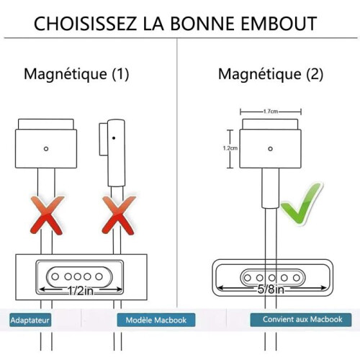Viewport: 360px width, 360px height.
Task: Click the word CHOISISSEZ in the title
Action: point(85,24)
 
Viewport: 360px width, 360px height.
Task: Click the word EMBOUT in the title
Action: point(279,24)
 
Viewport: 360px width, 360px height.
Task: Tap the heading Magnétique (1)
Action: point(76,74)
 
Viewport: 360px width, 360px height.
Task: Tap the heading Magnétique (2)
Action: point(271,74)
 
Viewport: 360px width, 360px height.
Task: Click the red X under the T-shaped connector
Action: point(47,215)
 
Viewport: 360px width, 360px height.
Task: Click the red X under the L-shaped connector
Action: point(119,215)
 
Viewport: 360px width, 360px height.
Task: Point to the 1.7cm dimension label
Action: point(271,112)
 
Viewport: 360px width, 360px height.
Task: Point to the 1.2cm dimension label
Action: point(230,148)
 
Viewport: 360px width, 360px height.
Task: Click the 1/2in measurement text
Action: point(81,291)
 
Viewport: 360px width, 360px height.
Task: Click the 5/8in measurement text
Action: point(271,289)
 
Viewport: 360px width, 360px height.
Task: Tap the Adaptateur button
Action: point(30,320)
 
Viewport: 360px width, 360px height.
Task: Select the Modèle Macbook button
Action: point(156,320)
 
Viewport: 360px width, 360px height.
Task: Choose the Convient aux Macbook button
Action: point(301,320)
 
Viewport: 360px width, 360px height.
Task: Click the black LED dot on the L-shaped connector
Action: point(114,138)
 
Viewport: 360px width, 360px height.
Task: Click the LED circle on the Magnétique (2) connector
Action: point(271,149)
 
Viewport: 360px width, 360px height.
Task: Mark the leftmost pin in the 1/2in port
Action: point(55,276)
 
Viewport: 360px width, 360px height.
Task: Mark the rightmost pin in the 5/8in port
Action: point(297,278)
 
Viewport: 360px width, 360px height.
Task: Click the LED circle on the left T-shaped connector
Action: point(46,149)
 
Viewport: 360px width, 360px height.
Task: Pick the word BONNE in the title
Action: point(202,24)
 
